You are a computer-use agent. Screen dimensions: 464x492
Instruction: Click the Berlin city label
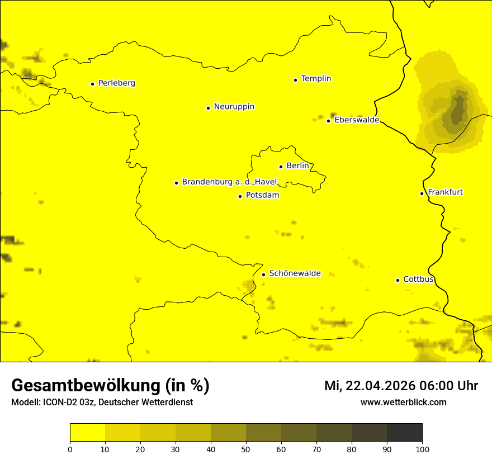[x=297, y=166]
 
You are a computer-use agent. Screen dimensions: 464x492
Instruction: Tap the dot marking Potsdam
[x=240, y=196]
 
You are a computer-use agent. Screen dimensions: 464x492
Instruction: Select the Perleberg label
[x=116, y=83]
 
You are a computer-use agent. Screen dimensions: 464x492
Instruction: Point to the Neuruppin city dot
[x=208, y=108]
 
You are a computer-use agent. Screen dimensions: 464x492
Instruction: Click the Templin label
[x=316, y=79]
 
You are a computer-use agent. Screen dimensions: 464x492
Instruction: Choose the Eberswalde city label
[x=357, y=120]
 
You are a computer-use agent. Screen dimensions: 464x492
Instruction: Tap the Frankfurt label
[x=445, y=192]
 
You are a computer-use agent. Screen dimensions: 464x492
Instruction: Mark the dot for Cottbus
[x=398, y=280]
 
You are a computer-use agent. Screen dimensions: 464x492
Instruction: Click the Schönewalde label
[x=295, y=273]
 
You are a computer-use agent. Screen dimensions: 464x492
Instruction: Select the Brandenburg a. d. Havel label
[x=229, y=182]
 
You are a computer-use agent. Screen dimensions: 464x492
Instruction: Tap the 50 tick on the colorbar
[x=246, y=449]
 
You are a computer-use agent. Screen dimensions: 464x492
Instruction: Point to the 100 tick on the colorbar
[x=422, y=449]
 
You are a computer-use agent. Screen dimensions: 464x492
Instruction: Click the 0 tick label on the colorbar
[x=70, y=449]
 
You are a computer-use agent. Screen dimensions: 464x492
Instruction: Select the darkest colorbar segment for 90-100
[x=404, y=432]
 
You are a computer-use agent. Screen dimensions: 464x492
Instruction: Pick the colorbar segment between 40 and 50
[x=228, y=432]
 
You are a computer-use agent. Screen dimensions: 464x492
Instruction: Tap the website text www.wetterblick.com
[x=403, y=403]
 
